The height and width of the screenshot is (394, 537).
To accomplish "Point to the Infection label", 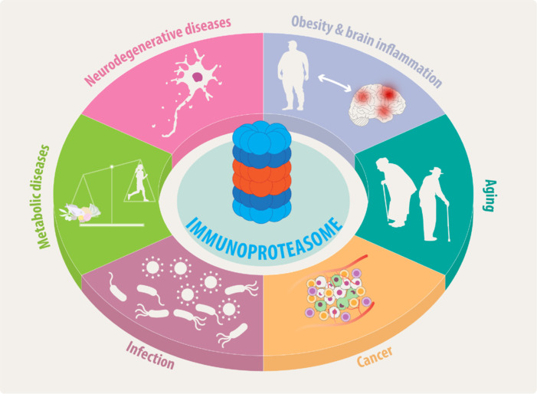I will (150, 354).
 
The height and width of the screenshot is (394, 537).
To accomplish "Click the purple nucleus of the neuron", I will (199, 76).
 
